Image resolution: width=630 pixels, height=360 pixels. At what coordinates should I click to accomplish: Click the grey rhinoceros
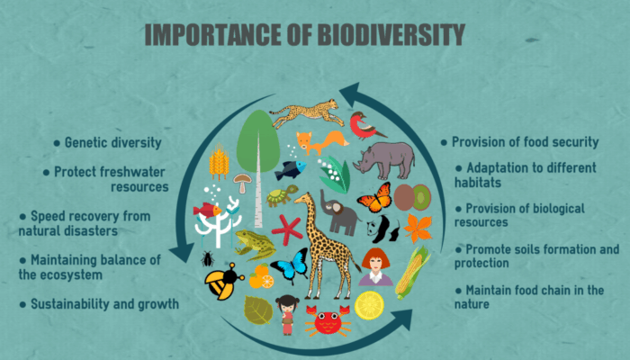[383, 160]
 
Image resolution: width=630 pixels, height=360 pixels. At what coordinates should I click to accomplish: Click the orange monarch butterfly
[373, 196]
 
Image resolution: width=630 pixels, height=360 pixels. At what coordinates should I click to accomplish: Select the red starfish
[287, 229]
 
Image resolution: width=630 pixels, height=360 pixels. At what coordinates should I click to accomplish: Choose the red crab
[327, 319]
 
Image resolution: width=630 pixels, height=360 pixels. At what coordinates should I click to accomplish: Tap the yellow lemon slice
[369, 306]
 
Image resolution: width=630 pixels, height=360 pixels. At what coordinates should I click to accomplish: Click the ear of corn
[412, 272]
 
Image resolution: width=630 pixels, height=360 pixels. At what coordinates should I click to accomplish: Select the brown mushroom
[241, 183]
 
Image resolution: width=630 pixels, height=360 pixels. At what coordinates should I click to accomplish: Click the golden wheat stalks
[219, 163]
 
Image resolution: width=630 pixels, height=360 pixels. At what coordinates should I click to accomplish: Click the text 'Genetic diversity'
[112, 142]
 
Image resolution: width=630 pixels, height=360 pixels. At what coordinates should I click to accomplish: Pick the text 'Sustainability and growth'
[103, 304]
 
